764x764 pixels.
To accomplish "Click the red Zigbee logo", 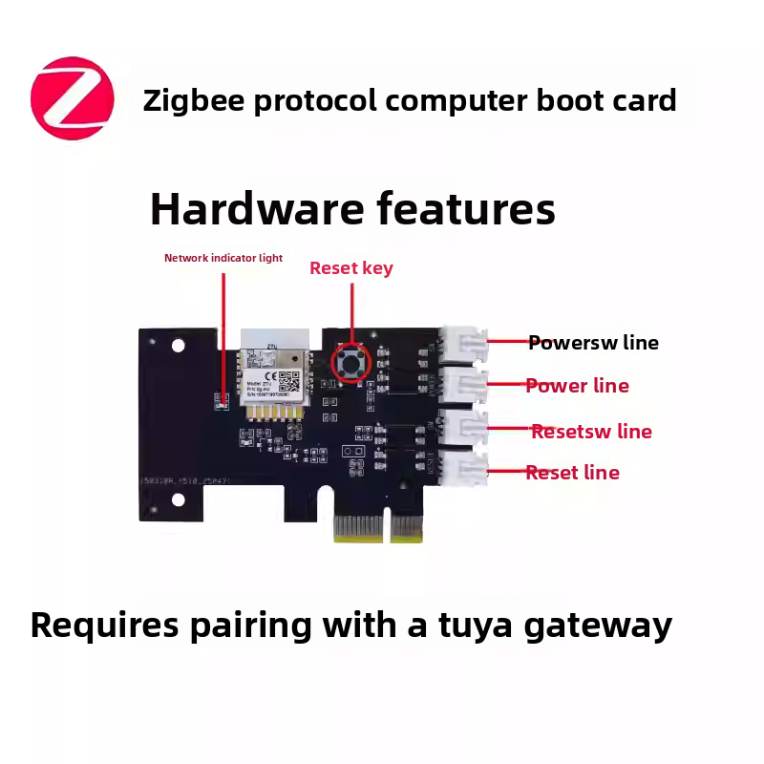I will (x=73, y=98).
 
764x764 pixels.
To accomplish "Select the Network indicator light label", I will (x=223, y=258).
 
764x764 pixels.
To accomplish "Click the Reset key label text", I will (x=350, y=268).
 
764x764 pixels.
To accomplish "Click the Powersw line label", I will (x=593, y=343).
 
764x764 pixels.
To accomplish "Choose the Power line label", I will (x=577, y=386).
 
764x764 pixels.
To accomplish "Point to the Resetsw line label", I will (x=591, y=432).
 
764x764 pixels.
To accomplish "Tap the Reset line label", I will (x=572, y=473).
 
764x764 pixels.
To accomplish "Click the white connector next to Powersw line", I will (x=462, y=345).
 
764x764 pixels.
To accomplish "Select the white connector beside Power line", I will (x=462, y=387).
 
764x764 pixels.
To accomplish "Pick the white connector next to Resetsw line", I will (x=462, y=427).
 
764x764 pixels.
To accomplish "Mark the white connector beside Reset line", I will (x=462, y=468).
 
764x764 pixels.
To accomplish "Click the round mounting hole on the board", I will (x=178, y=349).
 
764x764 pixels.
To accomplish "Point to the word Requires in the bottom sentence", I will (x=104, y=626).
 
